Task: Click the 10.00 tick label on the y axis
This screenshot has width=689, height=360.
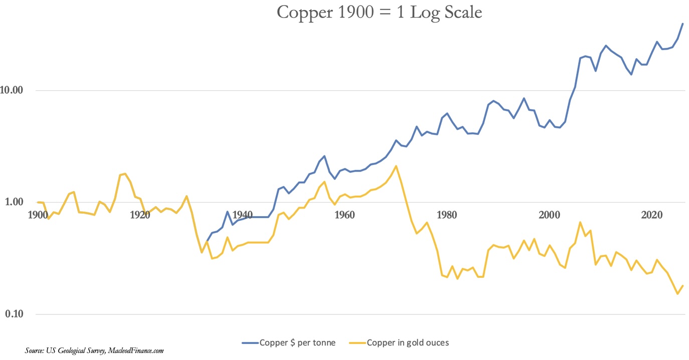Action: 14,91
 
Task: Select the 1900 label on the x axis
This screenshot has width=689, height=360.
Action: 38,215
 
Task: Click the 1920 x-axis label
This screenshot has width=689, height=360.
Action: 140,215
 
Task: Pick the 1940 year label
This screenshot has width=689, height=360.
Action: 242,215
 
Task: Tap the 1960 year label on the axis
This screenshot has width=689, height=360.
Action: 344,215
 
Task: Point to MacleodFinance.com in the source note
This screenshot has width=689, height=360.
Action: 136,351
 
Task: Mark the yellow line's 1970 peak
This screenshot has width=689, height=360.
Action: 396,166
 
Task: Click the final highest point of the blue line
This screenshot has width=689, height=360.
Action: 682,24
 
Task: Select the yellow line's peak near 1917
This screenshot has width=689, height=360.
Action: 125,173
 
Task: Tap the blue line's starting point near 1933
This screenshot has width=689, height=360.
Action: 207,242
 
